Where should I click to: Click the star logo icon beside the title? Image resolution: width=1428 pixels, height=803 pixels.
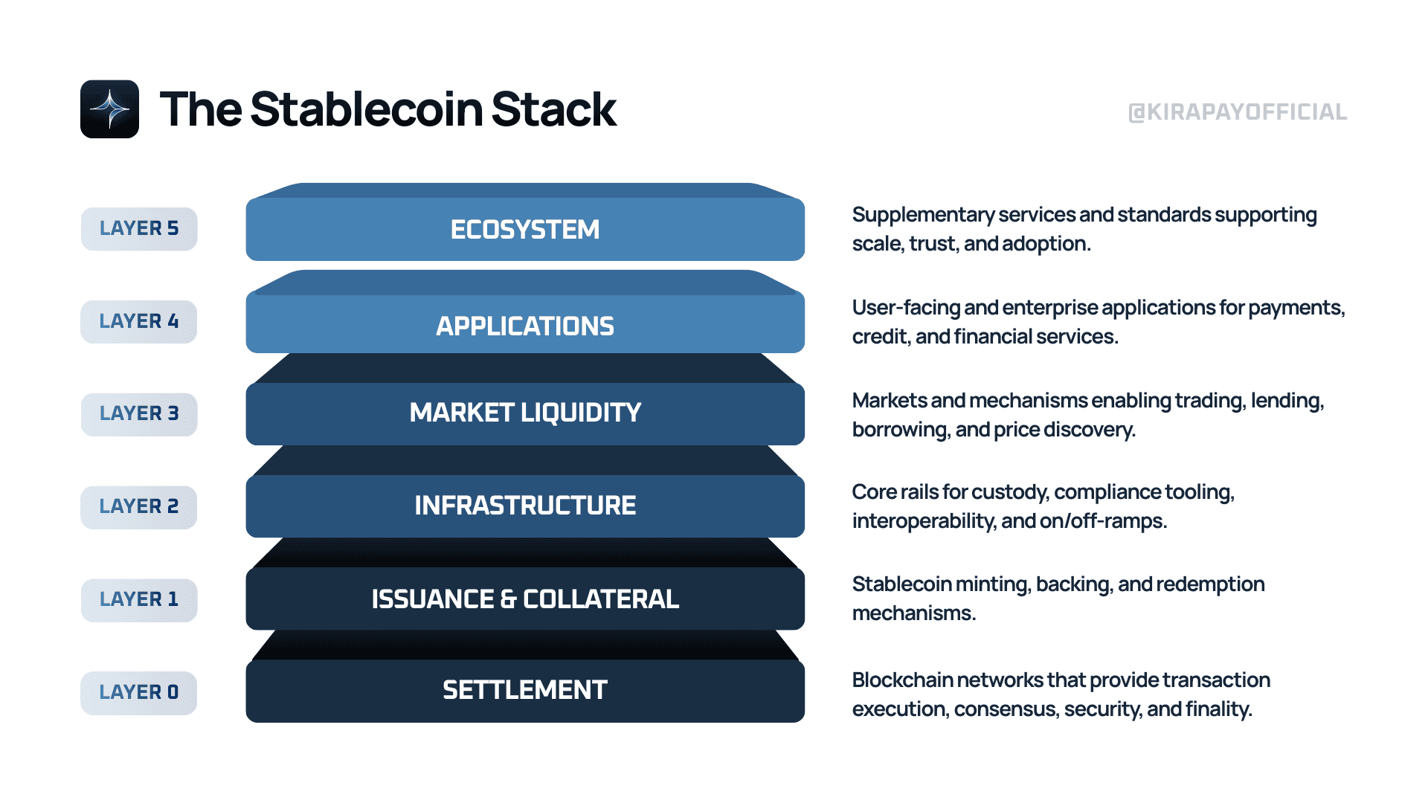coord(109,109)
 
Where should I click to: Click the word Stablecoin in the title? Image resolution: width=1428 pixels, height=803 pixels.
coord(367,109)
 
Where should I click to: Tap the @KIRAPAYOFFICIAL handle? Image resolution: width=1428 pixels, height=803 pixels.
coord(1238,112)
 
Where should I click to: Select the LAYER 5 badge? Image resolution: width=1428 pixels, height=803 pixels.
coord(139,229)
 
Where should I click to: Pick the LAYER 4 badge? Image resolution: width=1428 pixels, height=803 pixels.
coord(139,322)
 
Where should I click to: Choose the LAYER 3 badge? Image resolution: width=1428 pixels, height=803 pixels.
coord(139,414)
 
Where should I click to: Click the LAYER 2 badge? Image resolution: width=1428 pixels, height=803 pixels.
coord(139,507)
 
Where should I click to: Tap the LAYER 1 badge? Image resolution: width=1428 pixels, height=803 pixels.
coord(139,600)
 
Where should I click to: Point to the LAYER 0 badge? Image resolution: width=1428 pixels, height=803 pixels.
coord(139,693)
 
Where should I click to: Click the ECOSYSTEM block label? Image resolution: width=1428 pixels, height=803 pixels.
coord(525,230)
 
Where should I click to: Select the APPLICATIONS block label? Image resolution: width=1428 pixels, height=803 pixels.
coord(525,326)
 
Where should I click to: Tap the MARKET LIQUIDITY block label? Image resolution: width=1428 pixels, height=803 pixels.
coord(525,413)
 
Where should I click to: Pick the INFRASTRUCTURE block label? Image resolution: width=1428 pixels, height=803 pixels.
coord(525,506)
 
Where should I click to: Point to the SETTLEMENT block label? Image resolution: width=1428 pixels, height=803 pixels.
coord(525,690)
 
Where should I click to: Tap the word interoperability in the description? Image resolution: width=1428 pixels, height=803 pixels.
coord(923,521)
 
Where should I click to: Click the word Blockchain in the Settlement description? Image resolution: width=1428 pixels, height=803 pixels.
coord(903,680)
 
